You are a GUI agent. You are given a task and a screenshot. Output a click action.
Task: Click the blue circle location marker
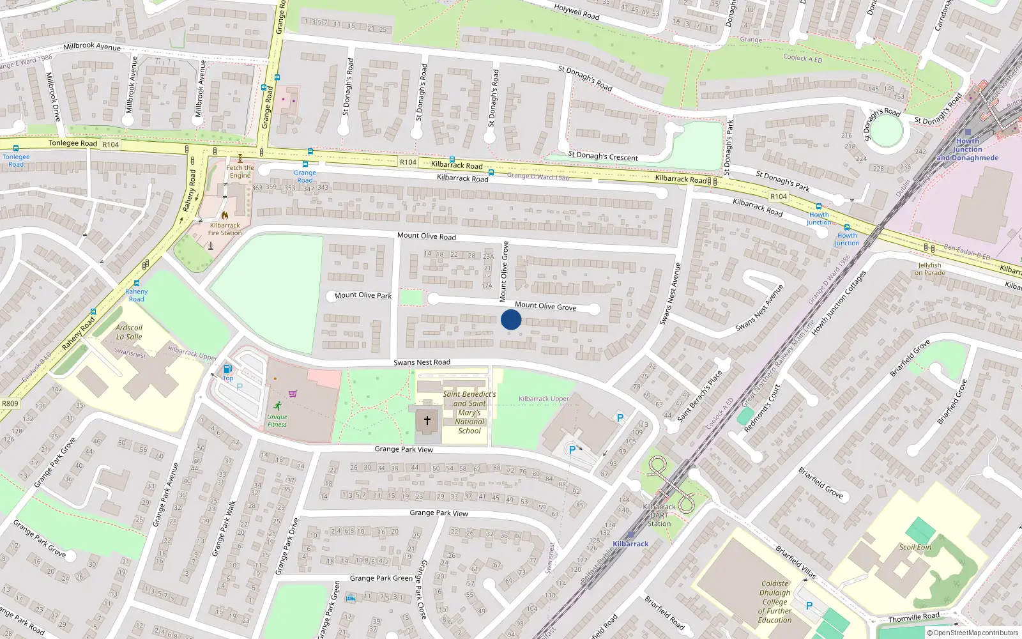click(x=511, y=319)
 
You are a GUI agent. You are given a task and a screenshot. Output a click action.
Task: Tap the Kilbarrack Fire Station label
click(x=225, y=229)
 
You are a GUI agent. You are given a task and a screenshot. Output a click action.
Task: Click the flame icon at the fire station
click(x=225, y=215)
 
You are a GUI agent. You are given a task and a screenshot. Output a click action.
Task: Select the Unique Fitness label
click(x=277, y=420)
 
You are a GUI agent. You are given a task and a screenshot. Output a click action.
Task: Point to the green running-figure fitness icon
click(x=277, y=406)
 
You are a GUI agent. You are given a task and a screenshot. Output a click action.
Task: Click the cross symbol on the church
click(x=427, y=420)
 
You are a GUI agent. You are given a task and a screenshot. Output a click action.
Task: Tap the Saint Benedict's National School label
click(x=469, y=412)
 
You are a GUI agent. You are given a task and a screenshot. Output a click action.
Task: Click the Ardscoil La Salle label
click(x=129, y=332)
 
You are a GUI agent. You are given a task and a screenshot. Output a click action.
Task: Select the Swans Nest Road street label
click(x=422, y=362)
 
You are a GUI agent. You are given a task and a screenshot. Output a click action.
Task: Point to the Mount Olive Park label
click(x=363, y=295)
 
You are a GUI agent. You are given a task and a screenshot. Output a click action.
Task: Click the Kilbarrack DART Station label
click(x=659, y=515)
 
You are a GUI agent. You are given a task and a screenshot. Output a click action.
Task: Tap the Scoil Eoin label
click(x=915, y=547)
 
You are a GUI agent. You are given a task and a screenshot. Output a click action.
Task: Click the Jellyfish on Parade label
click(x=930, y=269)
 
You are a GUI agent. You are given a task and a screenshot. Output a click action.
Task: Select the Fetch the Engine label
click(x=240, y=171)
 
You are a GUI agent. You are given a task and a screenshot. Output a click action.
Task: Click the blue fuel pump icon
click(x=227, y=369)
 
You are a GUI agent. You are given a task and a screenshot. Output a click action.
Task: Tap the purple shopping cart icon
click(x=293, y=394)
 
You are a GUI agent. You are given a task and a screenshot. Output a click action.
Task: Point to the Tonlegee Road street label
click(x=73, y=143)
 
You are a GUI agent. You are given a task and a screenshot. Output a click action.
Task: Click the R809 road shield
click(x=10, y=403)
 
